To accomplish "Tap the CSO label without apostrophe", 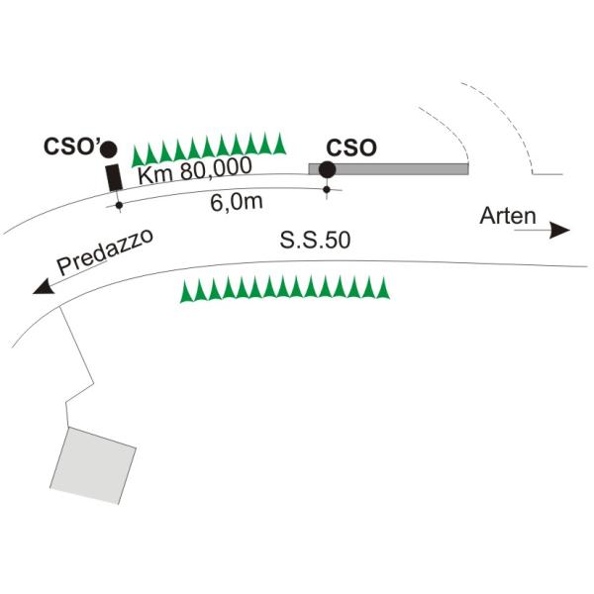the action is coord(351,148).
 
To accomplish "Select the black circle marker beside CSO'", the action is coord(108,150).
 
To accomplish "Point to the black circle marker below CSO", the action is coord(327,169).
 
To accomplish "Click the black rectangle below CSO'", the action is coord(114,178).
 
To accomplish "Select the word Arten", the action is coord(508,215).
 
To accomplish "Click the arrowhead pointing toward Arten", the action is coord(561,231).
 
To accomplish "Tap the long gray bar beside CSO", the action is coord(396,169).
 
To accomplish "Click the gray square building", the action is coord(93,463).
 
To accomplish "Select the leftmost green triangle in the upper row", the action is coord(138,153).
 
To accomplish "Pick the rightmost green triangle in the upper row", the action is coord(280,144).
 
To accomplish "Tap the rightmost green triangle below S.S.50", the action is coord(384,288).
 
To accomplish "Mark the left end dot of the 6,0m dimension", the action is coord(119,206).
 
